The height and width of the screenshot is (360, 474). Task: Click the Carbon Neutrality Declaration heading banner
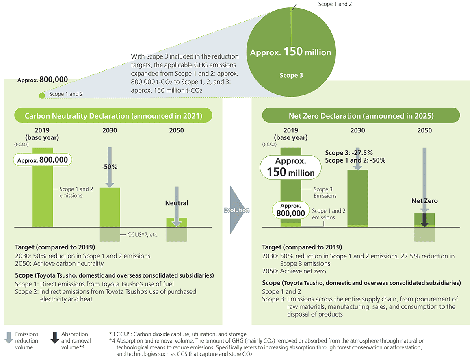[113, 116]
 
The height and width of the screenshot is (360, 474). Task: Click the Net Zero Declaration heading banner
[360, 116]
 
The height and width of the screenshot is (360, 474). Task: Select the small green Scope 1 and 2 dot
[41, 95]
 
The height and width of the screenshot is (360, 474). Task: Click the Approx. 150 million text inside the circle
[290, 52]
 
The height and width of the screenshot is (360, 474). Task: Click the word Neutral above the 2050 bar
[177, 203]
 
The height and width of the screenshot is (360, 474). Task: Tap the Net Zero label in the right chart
[424, 201]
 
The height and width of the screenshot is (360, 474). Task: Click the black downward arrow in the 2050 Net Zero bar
[424, 220]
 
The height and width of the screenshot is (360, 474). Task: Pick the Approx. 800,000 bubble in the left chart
[42, 160]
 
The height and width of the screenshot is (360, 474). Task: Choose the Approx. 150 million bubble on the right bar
[290, 167]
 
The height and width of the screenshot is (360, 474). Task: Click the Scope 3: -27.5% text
[349, 153]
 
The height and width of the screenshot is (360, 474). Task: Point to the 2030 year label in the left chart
[110, 130]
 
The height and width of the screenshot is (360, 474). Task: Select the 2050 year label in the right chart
[424, 130]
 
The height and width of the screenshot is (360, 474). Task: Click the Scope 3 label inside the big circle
[291, 75]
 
